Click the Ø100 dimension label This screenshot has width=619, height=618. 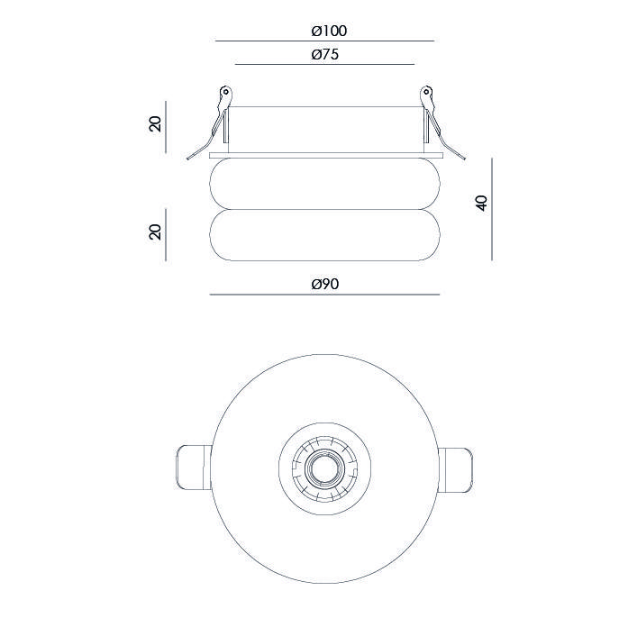coord(329,32)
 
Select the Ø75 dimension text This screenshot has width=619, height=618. coord(325,54)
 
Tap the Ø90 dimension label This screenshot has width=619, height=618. coord(325,284)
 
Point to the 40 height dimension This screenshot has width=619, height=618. coord(482,204)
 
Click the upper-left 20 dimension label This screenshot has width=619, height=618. coord(156,124)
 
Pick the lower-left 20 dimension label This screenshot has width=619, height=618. coord(156,232)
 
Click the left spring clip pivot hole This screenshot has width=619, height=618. coord(226,92)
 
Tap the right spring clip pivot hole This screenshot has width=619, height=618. coord(426,92)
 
